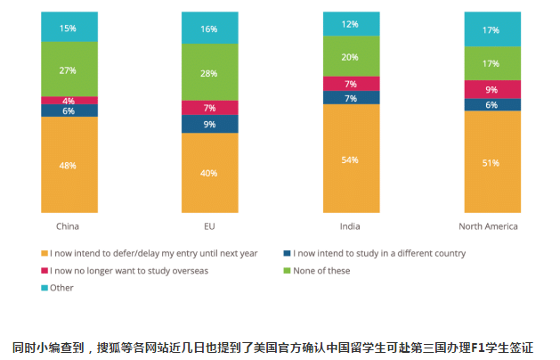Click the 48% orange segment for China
[x=69, y=165]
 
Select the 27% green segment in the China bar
[x=69, y=70]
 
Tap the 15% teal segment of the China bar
[x=69, y=28]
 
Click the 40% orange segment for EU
[x=209, y=173]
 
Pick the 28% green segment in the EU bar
[x=209, y=71]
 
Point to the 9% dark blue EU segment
[x=209, y=124]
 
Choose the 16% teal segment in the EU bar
[x=209, y=29]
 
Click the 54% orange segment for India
[x=351, y=160]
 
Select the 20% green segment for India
[x=351, y=56]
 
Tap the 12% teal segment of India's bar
[x=351, y=24]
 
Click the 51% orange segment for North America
[x=491, y=162]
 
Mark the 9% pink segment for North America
[x=491, y=89]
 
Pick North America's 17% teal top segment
[x=491, y=29]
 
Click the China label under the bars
[x=69, y=226]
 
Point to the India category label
[x=350, y=226]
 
